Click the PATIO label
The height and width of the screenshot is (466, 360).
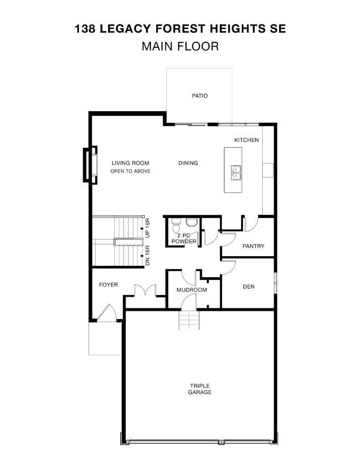tap(199, 96)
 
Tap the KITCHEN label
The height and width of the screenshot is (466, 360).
tap(246, 140)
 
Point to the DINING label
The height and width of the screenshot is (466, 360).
tap(188, 163)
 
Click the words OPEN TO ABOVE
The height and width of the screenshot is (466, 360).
tap(130, 171)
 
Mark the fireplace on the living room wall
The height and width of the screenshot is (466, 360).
tap(89, 165)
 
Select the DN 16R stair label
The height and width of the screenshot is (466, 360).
tap(147, 256)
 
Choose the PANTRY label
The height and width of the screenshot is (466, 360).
tap(253, 246)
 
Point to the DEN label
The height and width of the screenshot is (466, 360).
tap(248, 287)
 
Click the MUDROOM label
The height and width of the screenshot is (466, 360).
tap(192, 290)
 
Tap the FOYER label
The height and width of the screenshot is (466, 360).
tap(108, 285)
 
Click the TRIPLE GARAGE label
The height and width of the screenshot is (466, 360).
tap(200, 389)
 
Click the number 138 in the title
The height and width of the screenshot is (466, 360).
tap(85, 29)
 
